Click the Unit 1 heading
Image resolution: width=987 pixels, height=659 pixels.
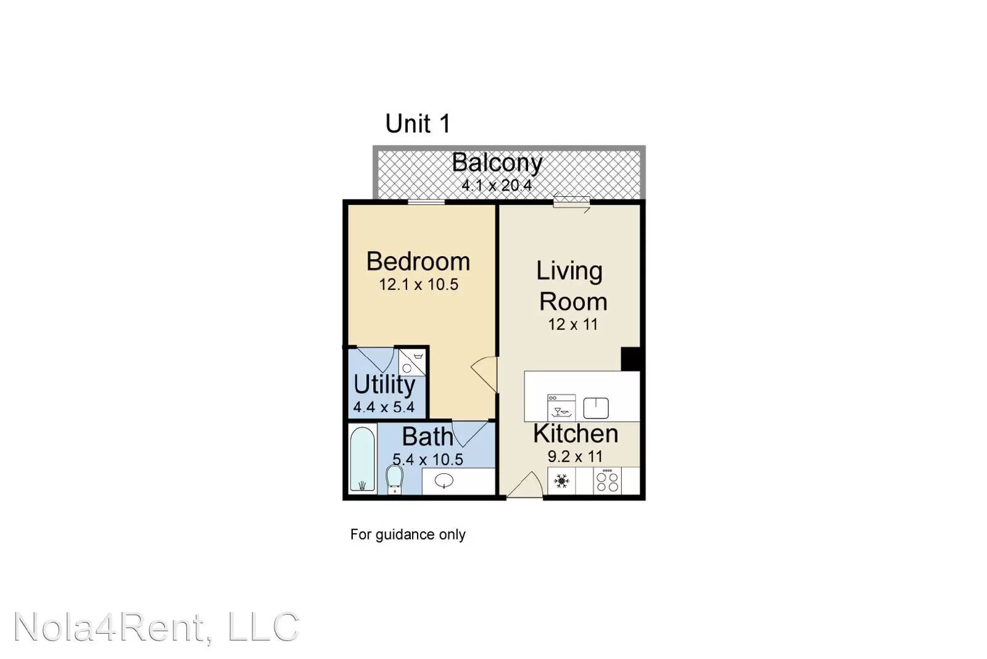(418, 123)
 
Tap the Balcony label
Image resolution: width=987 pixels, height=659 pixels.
(497, 163)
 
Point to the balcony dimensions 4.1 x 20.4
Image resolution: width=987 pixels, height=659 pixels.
(497, 185)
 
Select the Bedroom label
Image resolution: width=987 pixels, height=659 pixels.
(418, 262)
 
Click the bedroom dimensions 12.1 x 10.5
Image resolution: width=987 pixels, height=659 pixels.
(419, 284)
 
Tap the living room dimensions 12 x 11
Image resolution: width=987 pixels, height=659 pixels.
(573, 325)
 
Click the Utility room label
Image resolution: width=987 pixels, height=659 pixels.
(384, 385)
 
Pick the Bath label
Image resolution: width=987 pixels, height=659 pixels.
(427, 437)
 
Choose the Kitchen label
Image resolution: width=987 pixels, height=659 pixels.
(576, 434)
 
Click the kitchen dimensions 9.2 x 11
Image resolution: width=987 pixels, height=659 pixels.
(575, 457)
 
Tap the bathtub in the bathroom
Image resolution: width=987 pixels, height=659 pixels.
(362, 459)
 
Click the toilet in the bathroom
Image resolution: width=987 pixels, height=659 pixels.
(394, 479)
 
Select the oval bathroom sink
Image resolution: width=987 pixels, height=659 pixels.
(444, 481)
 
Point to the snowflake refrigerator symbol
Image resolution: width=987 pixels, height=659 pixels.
(561, 481)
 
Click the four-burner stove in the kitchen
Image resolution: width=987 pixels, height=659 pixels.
(607, 481)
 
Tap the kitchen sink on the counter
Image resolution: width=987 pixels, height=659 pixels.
(596, 408)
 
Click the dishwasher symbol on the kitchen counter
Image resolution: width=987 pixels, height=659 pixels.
(561, 407)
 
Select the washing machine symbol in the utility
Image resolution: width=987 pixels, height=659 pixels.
(412, 362)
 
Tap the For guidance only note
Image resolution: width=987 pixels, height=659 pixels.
(408, 535)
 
